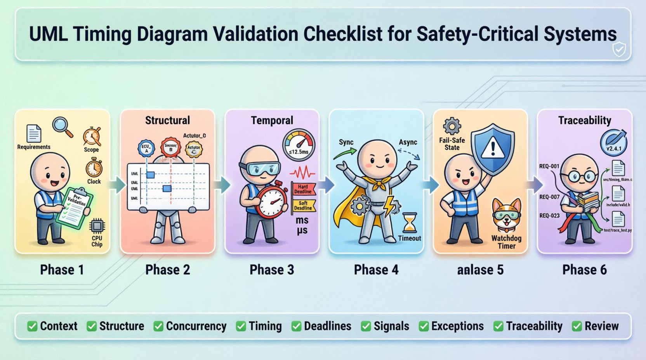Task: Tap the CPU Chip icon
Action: (x=97, y=226)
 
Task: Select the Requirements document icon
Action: (x=34, y=133)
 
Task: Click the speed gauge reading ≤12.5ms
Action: (x=299, y=144)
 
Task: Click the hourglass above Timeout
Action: (x=410, y=223)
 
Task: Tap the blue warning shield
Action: (x=493, y=149)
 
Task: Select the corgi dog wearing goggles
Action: (x=507, y=216)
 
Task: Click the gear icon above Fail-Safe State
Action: (x=452, y=126)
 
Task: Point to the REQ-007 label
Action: (x=549, y=197)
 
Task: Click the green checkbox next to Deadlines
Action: (x=296, y=326)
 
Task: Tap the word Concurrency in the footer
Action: (x=196, y=326)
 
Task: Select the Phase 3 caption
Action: (x=272, y=270)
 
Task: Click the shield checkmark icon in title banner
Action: (x=618, y=49)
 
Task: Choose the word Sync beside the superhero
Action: (x=346, y=142)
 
